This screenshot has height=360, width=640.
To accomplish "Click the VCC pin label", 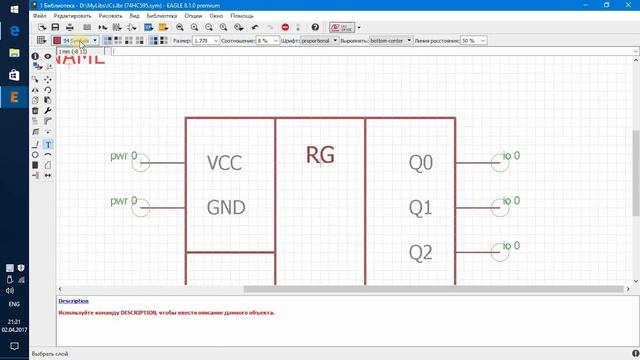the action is point(224,163).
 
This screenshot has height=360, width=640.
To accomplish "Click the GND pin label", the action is point(225,208).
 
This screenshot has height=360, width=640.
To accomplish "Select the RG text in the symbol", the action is point(320,155).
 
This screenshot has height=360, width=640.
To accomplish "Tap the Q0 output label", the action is point(421,163).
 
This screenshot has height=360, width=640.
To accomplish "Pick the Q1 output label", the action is point(421,208).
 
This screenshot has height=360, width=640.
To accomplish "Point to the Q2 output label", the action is point(421,252).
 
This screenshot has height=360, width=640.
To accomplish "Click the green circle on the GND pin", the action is point(141,208).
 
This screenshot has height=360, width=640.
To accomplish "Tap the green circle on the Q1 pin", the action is point(500,208).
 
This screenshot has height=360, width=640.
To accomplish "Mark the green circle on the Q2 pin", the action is point(500,252).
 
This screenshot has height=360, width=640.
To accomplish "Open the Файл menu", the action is point(40,16).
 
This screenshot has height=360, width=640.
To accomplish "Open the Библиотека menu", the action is point(161,16).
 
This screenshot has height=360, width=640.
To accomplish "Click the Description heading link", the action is point(73,301).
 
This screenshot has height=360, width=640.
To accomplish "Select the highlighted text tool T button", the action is point(48,145).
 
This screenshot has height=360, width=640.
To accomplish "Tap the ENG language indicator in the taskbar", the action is point(15,303).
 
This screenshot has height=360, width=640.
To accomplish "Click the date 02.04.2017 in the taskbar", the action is point(15,329).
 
